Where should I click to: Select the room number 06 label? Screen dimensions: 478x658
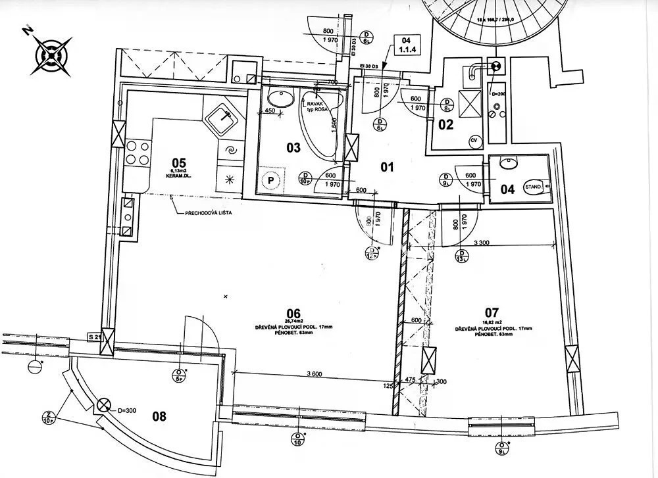[x=293, y=313]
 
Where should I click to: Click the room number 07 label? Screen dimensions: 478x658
[x=491, y=313]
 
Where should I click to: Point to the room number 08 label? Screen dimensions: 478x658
[x=159, y=416]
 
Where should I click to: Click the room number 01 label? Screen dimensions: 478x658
[x=387, y=167]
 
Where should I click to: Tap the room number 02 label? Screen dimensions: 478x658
[x=446, y=124]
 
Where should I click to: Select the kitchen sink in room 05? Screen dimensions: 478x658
[x=223, y=119]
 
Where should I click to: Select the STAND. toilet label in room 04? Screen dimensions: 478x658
[x=532, y=187]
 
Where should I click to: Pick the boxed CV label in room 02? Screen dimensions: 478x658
[x=473, y=140]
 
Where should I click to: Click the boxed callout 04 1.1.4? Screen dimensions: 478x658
[x=406, y=45]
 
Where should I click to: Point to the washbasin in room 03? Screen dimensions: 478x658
[x=282, y=99]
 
